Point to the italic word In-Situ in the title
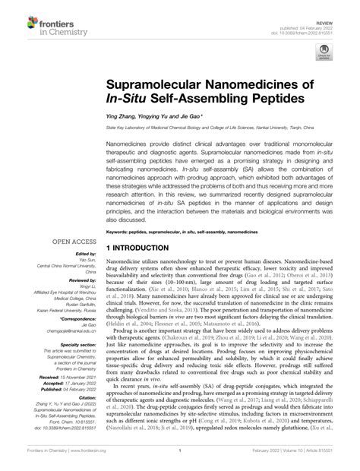point(129,100)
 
